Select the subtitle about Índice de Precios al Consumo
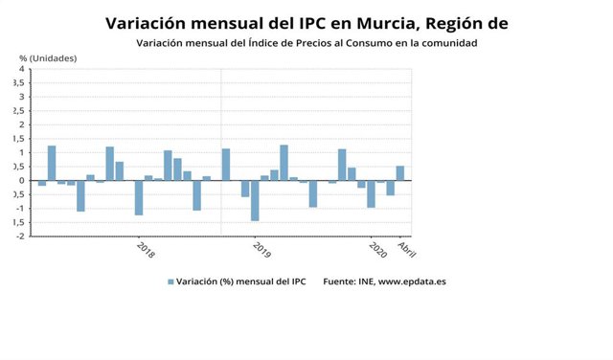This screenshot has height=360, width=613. pos(306,43)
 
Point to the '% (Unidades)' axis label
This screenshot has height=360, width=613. pos(49,58)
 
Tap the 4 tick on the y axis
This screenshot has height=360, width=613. pos(21,69)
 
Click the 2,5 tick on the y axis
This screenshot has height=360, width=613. pos(19,111)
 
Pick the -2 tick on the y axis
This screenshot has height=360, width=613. pos(20,236)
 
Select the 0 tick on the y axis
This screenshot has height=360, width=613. pos(21,180)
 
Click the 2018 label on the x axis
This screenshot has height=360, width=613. pos(145,250)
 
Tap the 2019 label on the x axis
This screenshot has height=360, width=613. pos(261,250)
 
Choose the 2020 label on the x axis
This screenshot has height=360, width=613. pos(376,250)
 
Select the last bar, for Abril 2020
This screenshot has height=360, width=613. pos(399,173)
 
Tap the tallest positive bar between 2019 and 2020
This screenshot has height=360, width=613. pos(284,163)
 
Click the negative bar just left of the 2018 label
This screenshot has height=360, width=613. pos(139,197)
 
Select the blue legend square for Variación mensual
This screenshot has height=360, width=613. pos(171,281)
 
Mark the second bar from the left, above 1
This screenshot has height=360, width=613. pos(52,163)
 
